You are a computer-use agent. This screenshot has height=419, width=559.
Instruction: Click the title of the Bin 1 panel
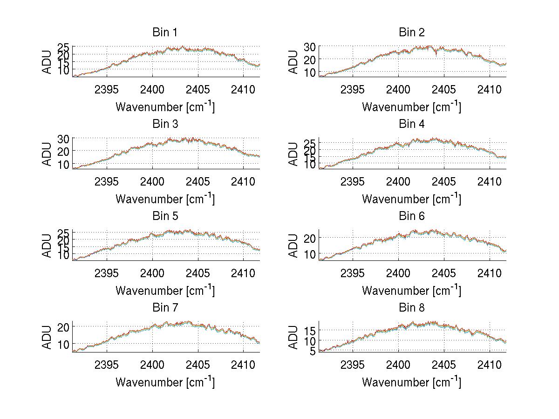tap(165, 33)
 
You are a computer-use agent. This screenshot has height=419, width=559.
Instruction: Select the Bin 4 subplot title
tap(411, 124)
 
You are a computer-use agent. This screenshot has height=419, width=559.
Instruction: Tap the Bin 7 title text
tap(165, 308)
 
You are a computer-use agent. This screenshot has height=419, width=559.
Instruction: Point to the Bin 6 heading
tap(411, 216)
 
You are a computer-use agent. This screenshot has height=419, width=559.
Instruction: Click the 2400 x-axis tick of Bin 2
tap(398, 89)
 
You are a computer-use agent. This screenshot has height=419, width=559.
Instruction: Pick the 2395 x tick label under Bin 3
tap(107, 181)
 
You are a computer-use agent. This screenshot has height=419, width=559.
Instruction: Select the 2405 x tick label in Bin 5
tap(198, 273)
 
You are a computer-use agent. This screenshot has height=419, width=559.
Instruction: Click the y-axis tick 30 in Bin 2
tap(310, 47)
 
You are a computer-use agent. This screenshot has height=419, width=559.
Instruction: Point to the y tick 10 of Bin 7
tap(64, 344)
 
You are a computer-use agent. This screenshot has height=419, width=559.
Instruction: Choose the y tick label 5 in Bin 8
tap(313, 352)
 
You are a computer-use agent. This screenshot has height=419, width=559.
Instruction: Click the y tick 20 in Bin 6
tap(310, 238)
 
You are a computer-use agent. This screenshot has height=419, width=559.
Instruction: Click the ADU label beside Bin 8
tap(293, 338)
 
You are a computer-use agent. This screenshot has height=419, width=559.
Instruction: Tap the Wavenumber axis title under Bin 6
tap(411, 290)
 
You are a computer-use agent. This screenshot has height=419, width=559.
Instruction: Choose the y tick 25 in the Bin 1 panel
tap(64, 47)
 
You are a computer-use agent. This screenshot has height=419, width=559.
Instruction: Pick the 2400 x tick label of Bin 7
tap(152, 365)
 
